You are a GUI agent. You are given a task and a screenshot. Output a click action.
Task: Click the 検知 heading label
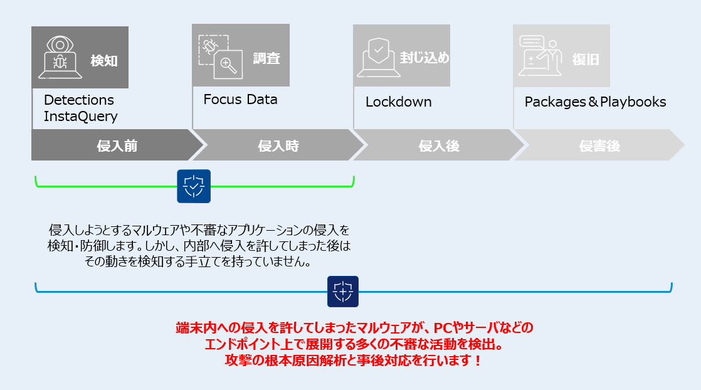click(x=104, y=61)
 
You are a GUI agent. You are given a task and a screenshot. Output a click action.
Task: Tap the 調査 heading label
click(x=266, y=59)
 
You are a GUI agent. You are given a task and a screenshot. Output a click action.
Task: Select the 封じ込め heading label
click(x=424, y=58)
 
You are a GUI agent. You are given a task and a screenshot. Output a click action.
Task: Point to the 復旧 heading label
click(x=586, y=60)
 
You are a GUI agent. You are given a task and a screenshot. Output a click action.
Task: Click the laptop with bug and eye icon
click(x=60, y=57)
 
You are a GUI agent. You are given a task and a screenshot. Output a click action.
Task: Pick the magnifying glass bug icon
click(x=221, y=56)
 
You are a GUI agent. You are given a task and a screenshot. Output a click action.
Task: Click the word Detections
click(x=79, y=100)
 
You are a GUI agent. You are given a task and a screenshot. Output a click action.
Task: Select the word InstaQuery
click(x=81, y=116)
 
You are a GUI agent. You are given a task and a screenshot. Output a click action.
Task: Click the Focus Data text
click(x=240, y=100)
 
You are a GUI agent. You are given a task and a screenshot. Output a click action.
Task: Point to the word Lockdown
click(x=399, y=102)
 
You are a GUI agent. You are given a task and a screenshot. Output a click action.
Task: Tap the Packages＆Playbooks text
click(x=595, y=102)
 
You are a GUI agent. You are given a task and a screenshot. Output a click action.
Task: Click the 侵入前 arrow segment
click(x=117, y=146)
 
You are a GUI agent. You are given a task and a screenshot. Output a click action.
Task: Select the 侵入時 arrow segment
click(x=278, y=146)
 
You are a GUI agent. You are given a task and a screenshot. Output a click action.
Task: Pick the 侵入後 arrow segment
click(x=439, y=146)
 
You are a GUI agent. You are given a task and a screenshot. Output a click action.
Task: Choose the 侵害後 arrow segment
click(x=599, y=146)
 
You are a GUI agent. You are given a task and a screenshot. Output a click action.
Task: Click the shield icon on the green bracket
click(x=194, y=186)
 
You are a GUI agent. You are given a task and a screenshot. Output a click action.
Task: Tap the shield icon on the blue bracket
click(x=343, y=292)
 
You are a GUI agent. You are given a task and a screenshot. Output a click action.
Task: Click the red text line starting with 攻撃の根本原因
click(x=353, y=362)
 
